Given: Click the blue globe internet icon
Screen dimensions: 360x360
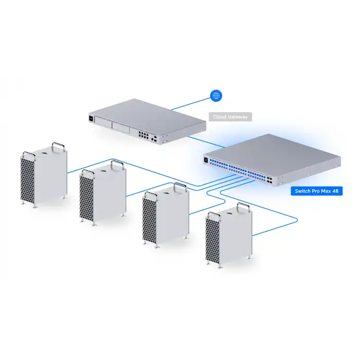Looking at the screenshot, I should pos(217,96).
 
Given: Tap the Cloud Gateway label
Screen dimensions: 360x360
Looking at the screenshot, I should pos(230,117).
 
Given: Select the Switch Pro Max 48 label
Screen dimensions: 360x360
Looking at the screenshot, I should pos(317,191).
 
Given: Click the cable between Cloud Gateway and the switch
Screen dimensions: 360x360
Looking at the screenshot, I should pos(203,141).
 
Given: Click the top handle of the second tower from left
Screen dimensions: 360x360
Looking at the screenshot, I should pos(117,165).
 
